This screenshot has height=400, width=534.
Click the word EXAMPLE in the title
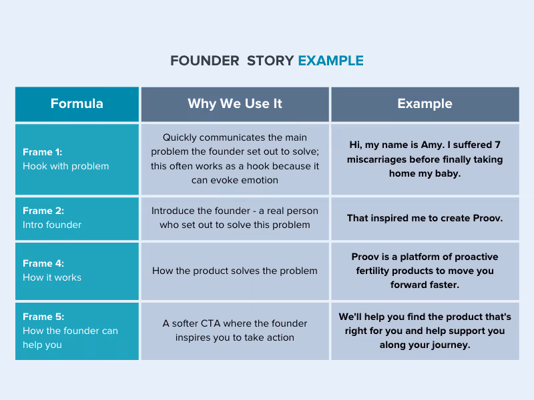pos(330,61)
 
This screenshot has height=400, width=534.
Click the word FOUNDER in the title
pos(204,61)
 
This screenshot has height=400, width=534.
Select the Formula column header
pos(77,103)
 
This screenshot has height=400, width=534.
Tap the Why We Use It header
pos(235,103)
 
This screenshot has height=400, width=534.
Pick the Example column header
pos(425,103)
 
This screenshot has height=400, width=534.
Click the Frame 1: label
pos(42,152)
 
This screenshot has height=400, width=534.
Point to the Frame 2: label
pos(43,211)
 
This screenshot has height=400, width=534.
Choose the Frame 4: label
pos(43,263)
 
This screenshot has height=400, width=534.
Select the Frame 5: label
pos(43,317)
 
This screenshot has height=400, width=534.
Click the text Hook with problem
pos(65,166)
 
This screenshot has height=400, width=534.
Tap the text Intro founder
pos(52,225)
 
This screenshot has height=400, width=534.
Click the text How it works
pos(52,277)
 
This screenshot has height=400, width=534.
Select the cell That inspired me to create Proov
pos(425,218)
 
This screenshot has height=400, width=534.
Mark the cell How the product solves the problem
pos(235,271)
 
